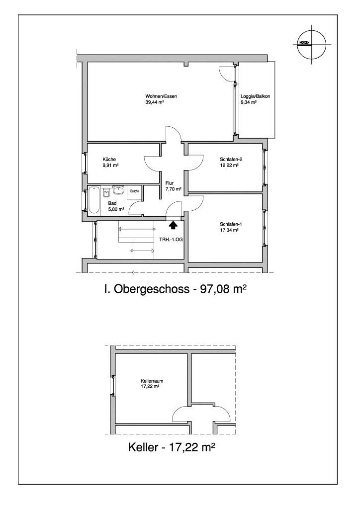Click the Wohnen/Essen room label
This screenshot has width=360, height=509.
pos(161,96)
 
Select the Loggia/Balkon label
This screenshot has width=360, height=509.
pos(256,96)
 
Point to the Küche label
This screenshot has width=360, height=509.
pos(109,160)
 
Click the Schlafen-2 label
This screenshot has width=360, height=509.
pos(231,160)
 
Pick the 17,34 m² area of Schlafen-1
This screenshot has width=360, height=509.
pos(229,230)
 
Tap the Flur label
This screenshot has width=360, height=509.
pos(170,183)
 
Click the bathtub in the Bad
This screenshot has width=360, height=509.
pos(94,200)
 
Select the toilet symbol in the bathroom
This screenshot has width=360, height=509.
pos(106,193)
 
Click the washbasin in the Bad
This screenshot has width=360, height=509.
pos(118,190)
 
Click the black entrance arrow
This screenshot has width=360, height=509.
pos(173,224)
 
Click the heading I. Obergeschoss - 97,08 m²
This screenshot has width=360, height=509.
pos(174,289)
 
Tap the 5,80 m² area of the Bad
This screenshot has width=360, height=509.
pos(116,209)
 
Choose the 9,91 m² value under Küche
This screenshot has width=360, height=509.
pos(110,165)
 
